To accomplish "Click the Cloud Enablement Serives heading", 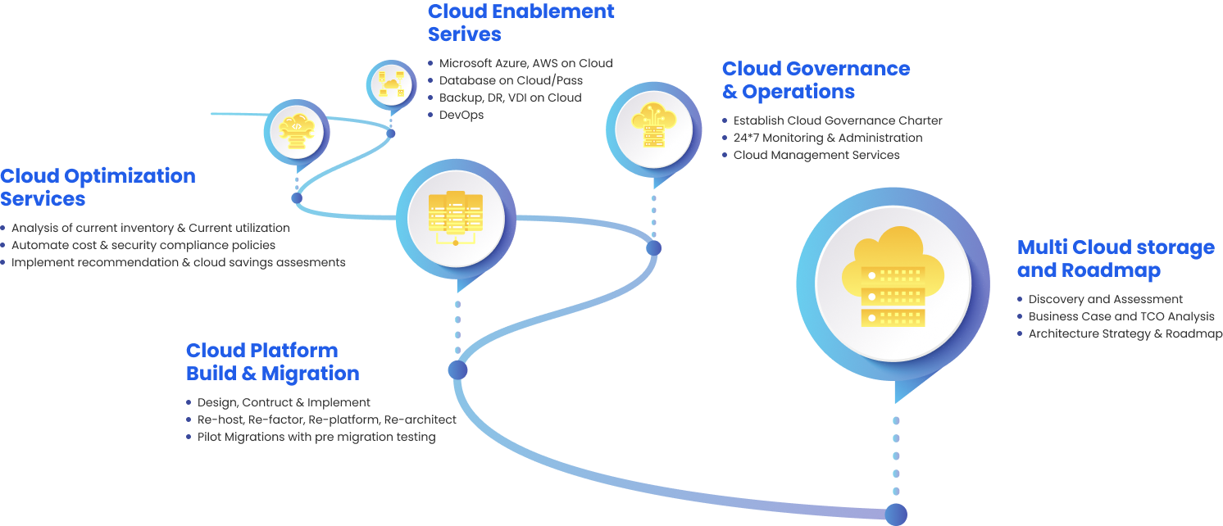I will click(x=521, y=23).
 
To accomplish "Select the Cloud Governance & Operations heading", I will click(x=816, y=79).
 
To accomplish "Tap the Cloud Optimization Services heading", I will click(x=98, y=187).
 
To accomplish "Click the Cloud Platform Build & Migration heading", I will click(x=272, y=361).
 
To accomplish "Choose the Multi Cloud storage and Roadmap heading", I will click(x=1116, y=259).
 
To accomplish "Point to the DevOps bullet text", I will click(x=461, y=115).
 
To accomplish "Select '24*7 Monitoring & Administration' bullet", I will click(x=827, y=138).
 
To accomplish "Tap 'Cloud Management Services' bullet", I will click(x=816, y=155).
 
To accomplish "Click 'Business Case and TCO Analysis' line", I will click(x=1121, y=316).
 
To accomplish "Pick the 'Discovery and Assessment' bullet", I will click(x=1105, y=299).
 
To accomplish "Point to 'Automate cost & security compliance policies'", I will click(x=143, y=245).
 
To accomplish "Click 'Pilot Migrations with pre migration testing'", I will click(x=316, y=437).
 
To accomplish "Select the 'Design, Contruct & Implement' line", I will click(x=284, y=402).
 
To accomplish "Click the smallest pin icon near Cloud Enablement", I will click(x=390, y=84).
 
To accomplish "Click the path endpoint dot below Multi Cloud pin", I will click(x=896, y=515).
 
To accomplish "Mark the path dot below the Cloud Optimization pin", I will click(x=297, y=197).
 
